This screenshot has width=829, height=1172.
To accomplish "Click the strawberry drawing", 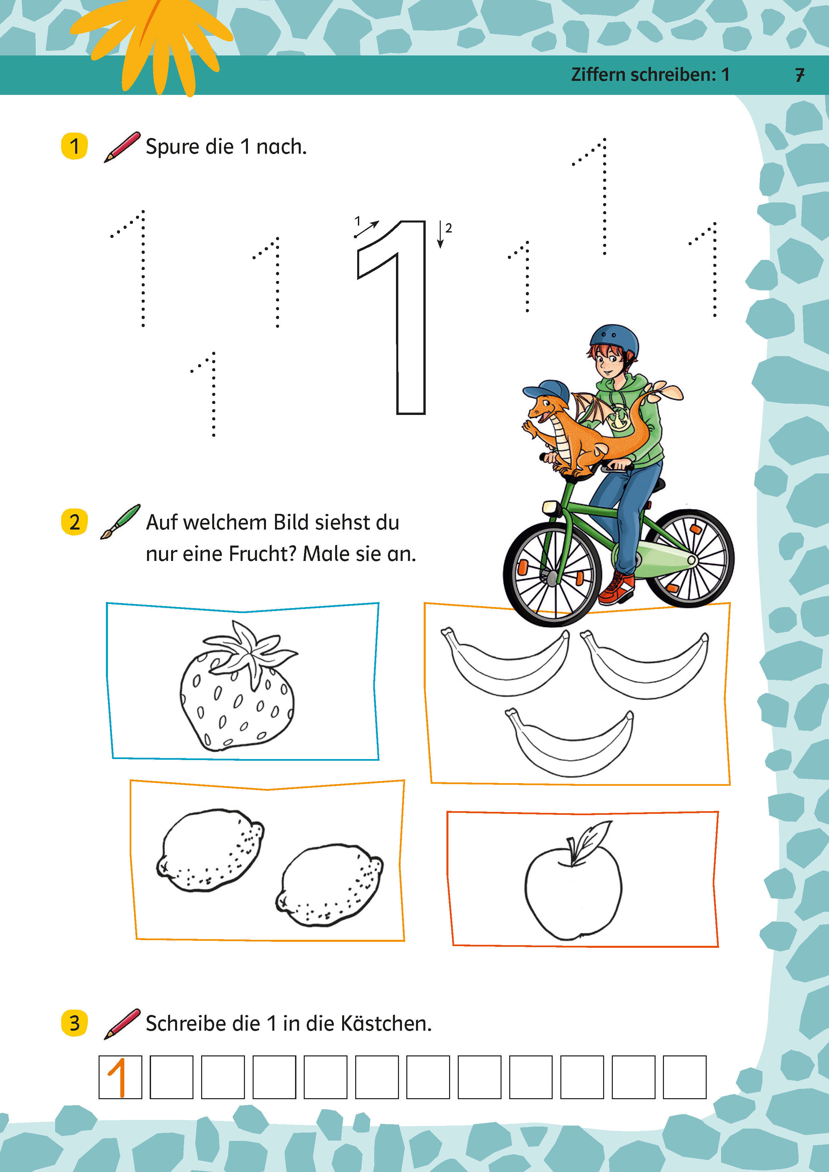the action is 237,687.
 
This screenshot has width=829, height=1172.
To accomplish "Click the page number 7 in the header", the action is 800,75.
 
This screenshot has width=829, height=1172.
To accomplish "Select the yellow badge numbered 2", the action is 75,522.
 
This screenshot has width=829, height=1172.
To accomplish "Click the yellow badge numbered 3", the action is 75,1023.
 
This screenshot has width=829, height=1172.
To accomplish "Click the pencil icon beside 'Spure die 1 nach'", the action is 123,147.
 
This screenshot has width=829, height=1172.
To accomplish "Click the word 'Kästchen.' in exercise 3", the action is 386,1023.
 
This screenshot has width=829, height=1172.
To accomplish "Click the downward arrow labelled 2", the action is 440,235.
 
